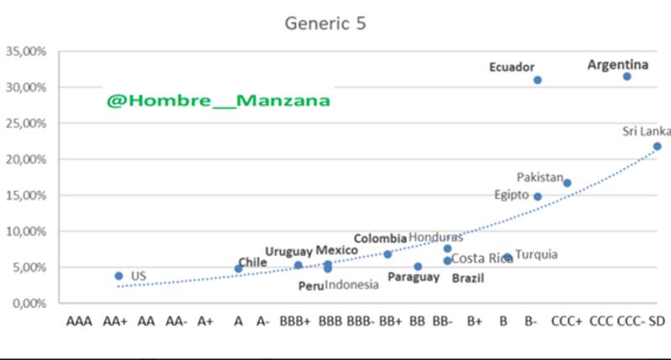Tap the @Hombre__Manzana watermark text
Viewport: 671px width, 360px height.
218,100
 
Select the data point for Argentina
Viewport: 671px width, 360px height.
627,76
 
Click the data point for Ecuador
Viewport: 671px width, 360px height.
538,81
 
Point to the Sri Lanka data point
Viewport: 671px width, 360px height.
658,146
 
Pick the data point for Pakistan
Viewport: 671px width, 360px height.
567,183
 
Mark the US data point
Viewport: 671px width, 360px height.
119,275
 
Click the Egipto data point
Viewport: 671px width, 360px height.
538,196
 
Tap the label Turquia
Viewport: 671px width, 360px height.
537,254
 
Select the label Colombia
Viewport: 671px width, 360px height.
380,238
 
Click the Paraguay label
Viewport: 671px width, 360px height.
414,277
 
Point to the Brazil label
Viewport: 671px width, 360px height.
468,279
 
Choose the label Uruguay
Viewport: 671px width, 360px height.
289,251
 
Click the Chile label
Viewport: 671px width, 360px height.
252,262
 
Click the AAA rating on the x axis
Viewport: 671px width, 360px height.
80,320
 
